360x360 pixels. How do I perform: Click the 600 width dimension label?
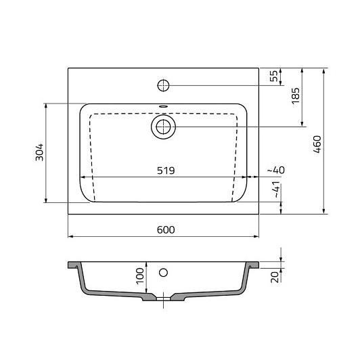point(166,230)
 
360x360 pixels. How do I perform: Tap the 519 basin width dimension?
point(166,171)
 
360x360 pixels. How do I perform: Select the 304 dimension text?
point(39,152)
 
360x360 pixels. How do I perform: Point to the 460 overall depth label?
point(317,144)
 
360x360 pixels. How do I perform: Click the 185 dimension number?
point(296,95)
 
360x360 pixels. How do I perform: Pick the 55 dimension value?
point(273,76)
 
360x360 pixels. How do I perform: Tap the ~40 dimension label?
point(276,170)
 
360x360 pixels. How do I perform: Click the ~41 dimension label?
point(277,189)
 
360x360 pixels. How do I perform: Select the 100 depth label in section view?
point(140,276)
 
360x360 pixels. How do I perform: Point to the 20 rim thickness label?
point(275,277)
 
